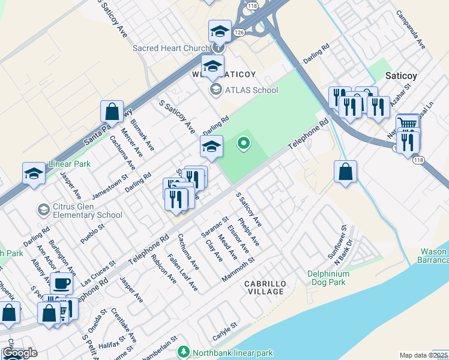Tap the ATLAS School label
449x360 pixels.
pos(252,90)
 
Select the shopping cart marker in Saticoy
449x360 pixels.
pos(408,124)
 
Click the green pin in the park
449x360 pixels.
pos(243,143)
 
